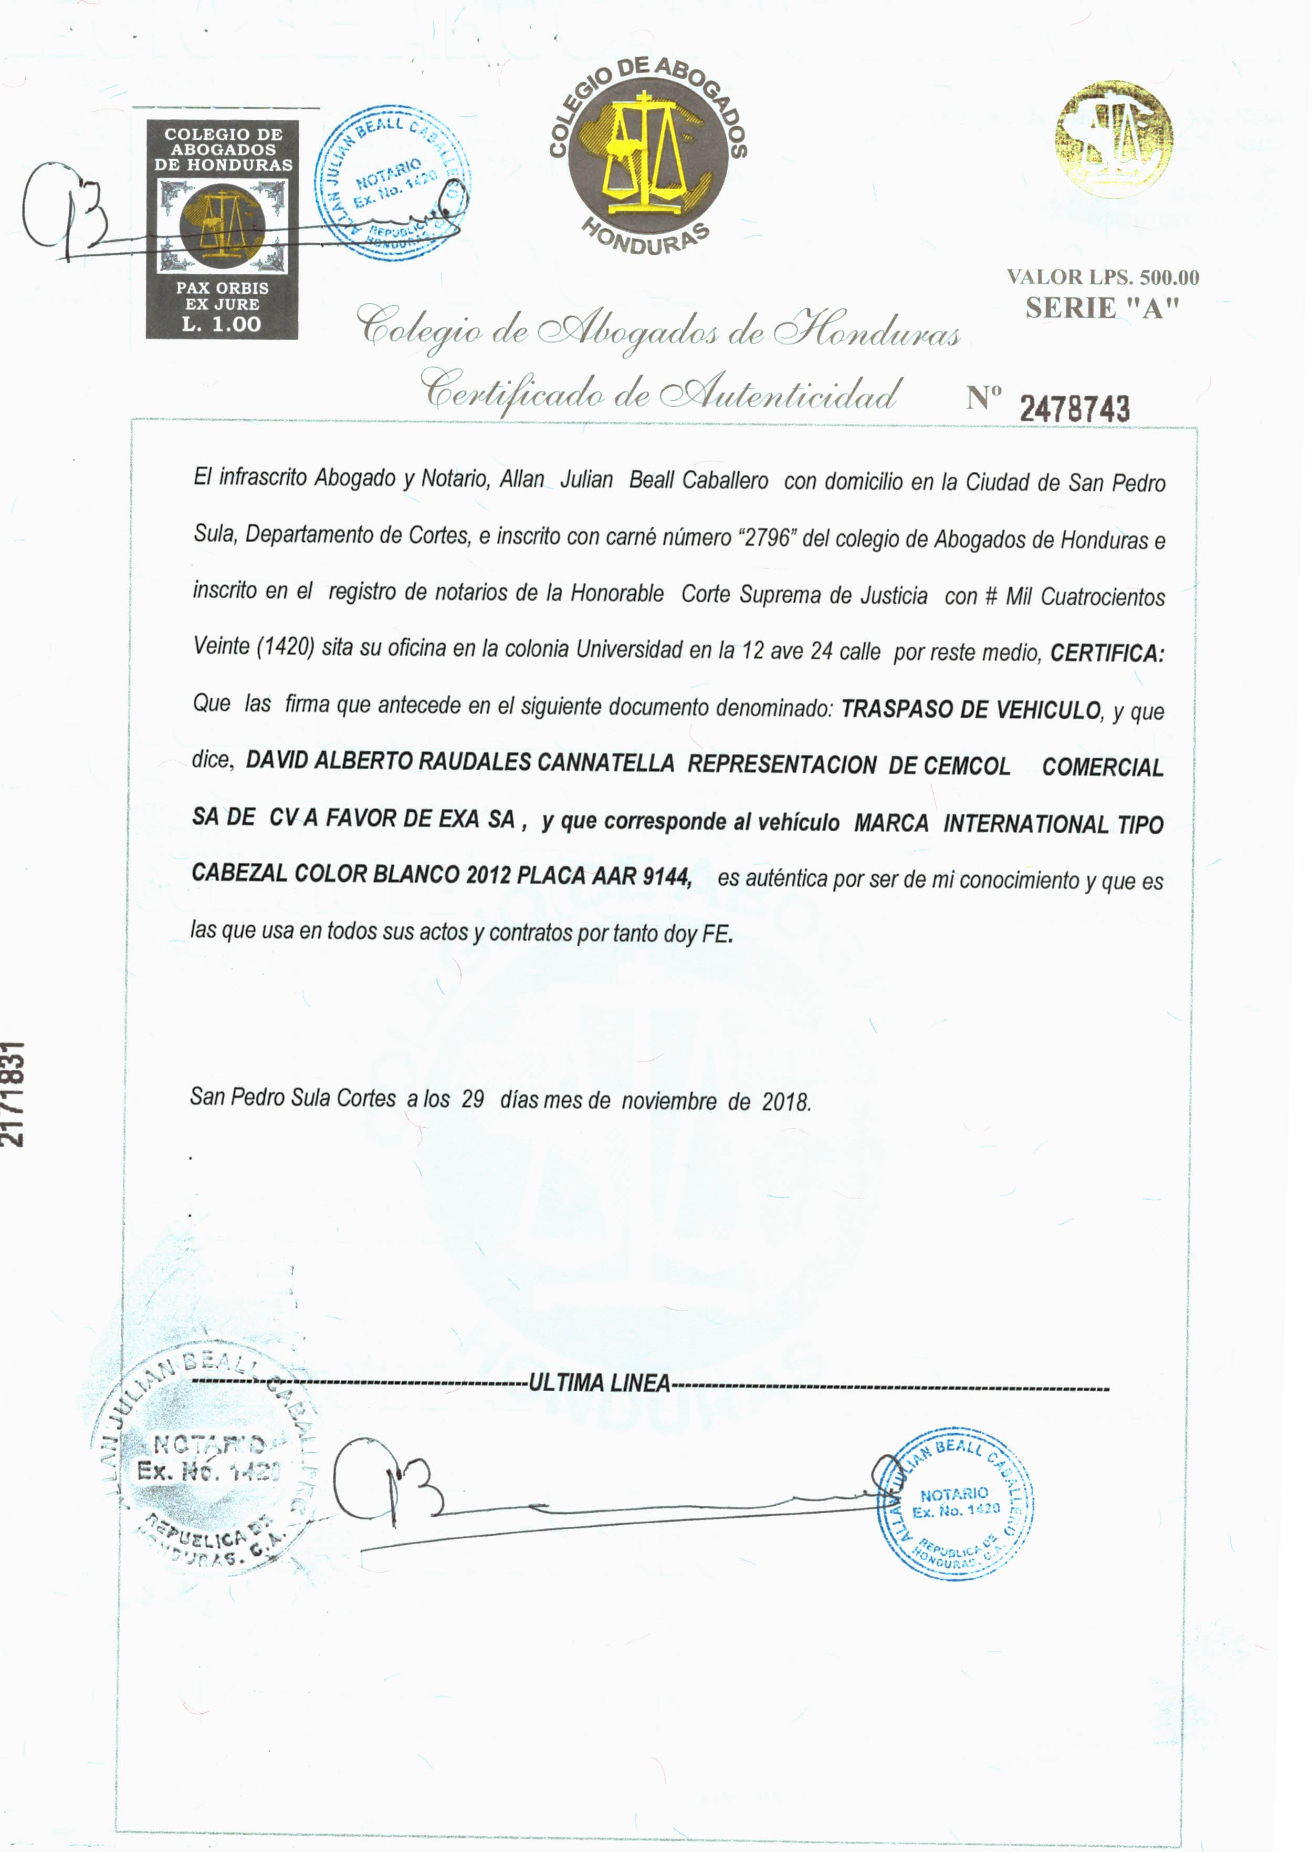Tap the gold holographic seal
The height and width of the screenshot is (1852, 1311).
point(1114,138)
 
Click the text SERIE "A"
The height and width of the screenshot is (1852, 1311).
point(1103,308)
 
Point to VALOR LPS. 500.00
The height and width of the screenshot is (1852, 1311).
point(1103,277)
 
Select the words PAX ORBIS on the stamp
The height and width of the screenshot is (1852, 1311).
point(222,287)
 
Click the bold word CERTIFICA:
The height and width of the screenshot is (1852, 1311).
point(1107,653)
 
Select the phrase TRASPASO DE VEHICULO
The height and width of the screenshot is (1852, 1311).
point(970,710)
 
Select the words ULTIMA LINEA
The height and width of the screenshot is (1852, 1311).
point(599,1383)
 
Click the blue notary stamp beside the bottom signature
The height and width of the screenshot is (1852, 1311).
point(955,1504)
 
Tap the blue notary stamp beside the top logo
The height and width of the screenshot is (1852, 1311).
point(392,182)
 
